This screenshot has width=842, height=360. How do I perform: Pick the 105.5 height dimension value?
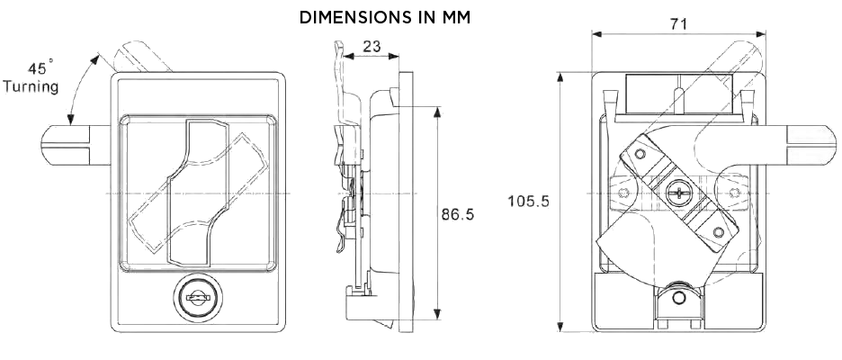pos(528,202)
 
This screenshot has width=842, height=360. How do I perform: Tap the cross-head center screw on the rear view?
pos(678,191)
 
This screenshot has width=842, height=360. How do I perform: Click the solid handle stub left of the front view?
pos(72,145)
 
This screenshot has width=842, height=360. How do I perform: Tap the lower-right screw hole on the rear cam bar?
pos(718,233)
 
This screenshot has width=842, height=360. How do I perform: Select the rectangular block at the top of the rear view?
pos(679,94)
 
